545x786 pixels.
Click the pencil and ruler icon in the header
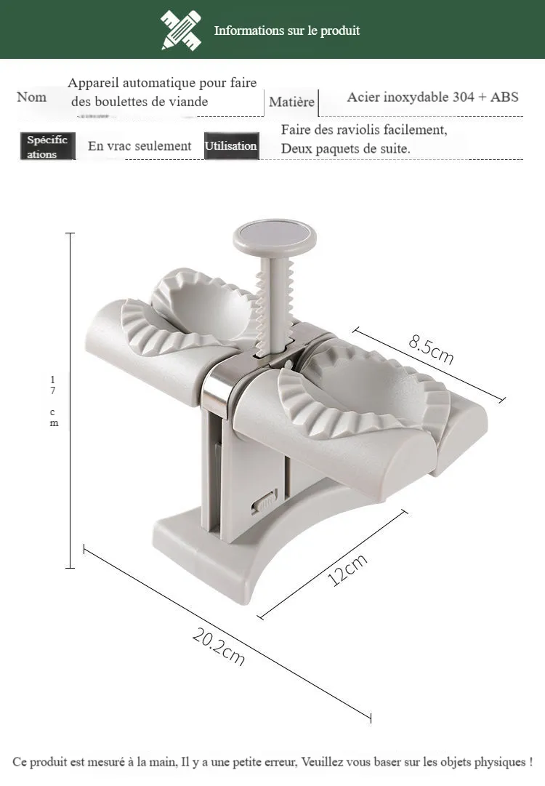point(181,31)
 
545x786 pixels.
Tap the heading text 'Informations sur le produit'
point(287,31)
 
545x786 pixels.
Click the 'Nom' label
point(31,97)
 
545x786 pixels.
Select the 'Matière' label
point(291,102)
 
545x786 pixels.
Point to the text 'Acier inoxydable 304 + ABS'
point(433,97)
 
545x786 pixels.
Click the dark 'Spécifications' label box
point(47,146)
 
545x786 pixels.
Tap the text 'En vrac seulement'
point(140,146)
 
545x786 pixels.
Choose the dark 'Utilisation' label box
point(231,146)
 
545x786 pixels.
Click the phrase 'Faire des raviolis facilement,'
point(364,130)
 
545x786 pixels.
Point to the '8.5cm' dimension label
point(431,349)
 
